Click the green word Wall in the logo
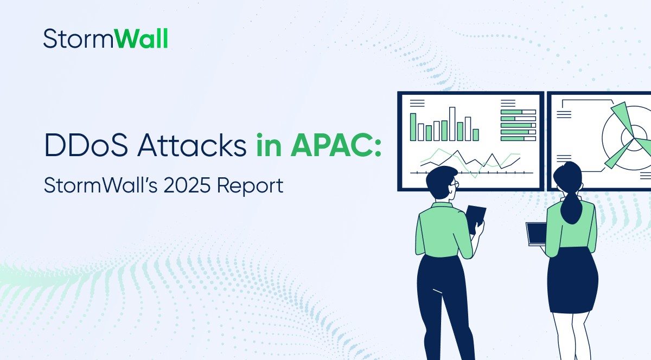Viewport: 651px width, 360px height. pos(143,39)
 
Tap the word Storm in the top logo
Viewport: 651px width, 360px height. pos(79,39)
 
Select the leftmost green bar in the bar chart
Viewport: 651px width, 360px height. pos(413,127)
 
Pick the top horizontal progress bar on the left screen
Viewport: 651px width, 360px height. pos(518,112)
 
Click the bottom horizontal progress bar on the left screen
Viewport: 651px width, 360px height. pos(518,138)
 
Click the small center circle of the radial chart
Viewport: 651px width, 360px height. pos(629,133)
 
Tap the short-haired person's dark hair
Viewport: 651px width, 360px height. pos(439,176)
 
